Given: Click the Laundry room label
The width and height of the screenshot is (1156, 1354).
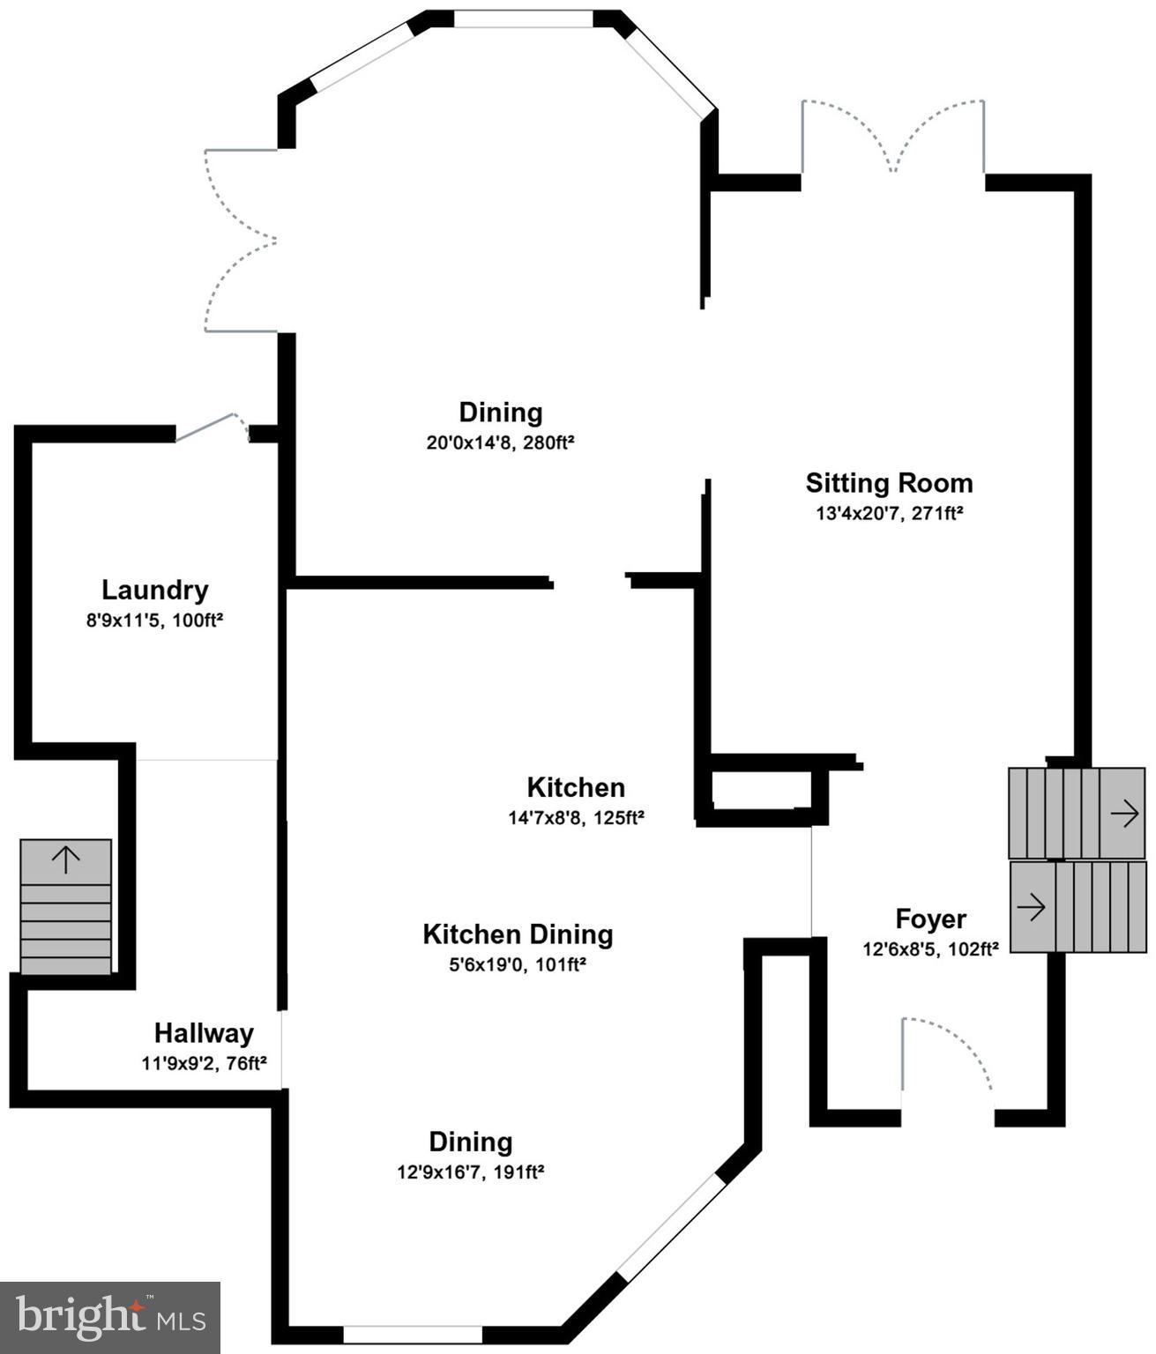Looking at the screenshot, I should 154,590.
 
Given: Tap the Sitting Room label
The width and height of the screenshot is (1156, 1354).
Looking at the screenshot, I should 889,483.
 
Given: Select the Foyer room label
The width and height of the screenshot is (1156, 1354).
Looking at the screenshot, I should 930,919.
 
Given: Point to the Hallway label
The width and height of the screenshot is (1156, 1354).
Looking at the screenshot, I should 204,1033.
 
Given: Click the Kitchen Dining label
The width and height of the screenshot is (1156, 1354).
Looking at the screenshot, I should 518,934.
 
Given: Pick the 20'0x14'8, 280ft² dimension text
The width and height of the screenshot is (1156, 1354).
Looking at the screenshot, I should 500,443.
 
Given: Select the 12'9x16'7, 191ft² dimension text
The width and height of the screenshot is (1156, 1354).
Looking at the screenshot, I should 470,1172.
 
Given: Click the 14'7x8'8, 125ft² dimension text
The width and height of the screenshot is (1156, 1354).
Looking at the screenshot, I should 576,818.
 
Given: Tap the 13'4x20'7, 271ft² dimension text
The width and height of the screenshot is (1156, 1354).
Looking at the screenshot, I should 889,513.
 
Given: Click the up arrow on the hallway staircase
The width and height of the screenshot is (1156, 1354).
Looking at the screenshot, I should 66,859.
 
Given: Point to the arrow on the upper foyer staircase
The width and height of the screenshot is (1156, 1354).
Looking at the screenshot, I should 1123,814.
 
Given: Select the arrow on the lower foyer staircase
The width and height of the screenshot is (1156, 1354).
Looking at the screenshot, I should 1032,906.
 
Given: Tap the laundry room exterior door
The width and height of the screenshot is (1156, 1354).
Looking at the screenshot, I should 212,427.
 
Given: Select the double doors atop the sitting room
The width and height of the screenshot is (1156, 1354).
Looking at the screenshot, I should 892,138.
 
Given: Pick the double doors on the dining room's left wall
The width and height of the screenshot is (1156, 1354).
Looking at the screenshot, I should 241,241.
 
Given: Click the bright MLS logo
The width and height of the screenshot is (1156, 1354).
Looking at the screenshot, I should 110,1317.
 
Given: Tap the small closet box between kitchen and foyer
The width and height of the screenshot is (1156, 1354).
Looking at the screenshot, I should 761,790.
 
